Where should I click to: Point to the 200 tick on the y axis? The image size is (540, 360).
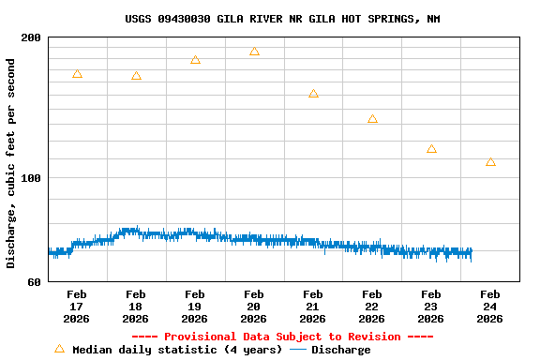click(32, 37)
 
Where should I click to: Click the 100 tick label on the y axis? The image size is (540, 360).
click(32, 178)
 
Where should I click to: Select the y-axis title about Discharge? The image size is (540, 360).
click(11, 163)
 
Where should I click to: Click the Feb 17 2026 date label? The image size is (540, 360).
click(77, 307)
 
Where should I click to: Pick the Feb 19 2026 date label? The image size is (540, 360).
click(195, 307)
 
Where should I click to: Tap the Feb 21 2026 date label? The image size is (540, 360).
click(313, 307)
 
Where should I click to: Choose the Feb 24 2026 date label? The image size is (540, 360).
click(489, 307)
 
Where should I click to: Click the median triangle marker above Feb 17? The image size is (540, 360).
click(77, 74)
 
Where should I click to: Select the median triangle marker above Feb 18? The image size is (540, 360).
click(136, 76)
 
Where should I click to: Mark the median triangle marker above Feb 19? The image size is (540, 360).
click(195, 60)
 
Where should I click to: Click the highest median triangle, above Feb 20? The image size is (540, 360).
click(254, 52)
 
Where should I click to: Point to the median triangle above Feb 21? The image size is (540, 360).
click(313, 94)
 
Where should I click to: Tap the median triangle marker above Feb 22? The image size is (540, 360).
click(372, 119)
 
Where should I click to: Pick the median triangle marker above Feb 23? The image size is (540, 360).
click(431, 149)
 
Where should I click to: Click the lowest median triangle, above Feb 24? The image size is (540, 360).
click(490, 162)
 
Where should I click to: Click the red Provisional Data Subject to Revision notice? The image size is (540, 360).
click(282, 337)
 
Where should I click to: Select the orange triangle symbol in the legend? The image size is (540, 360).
click(59, 349)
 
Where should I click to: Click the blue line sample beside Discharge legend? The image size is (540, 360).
click(298, 350)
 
